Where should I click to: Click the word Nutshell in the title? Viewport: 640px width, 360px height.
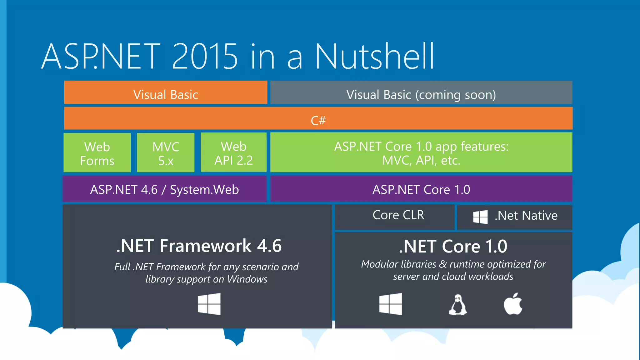coord(374,57)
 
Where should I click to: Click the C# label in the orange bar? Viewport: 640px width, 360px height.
coord(318,120)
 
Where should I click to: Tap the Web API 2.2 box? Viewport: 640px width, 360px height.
coord(233,153)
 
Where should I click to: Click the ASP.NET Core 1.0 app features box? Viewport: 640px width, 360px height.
coord(421,153)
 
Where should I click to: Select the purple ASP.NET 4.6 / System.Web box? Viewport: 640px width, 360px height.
coord(164,189)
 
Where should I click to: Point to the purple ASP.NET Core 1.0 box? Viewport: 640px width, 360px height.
coord(421,189)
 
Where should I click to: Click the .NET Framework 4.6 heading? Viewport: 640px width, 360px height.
coord(199,246)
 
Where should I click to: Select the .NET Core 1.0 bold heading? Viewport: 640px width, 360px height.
coord(453,247)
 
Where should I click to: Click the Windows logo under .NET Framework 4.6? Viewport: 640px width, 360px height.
coord(209,304)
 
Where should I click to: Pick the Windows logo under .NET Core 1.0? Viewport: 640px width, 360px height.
coord(390,304)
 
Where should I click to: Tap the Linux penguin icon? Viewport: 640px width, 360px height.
coord(458,305)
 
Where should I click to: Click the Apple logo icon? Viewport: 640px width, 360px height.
coord(513,304)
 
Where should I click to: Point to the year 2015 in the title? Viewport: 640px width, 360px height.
coord(205,57)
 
